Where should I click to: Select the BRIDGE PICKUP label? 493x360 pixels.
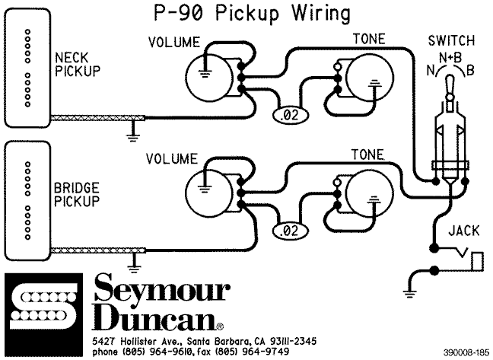coord(77,195)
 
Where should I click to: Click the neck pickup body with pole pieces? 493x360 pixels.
coord(27,67)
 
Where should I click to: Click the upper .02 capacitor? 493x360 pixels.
coord(288,115)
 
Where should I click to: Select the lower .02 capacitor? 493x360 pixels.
coord(288,230)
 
